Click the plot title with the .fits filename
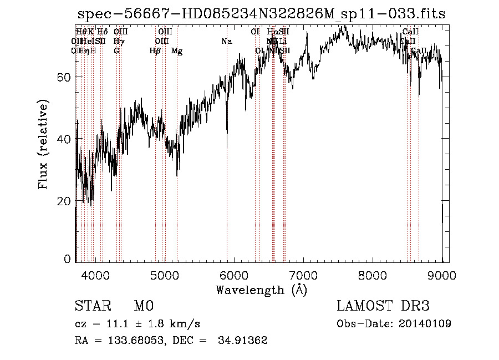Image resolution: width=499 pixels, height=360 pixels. pos(261,14)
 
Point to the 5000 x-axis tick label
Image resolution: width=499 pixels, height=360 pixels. pos(165,275)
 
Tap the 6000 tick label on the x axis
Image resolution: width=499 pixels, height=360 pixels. pos(234,275)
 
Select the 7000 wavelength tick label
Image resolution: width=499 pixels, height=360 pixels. pos(303,275)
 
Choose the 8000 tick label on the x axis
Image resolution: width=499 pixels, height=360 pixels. pos(373,275)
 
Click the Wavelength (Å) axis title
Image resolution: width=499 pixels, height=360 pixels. pos(261,290)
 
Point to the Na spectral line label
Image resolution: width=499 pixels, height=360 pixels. pos(226,42)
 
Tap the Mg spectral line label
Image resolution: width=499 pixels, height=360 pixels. pos(177,51)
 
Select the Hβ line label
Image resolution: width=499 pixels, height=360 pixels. pos(155,51)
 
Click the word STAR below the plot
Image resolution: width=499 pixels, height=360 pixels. pos(92,306)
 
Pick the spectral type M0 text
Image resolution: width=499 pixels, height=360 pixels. pos(143,306)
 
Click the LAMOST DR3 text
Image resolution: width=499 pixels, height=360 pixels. pos(383,306)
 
